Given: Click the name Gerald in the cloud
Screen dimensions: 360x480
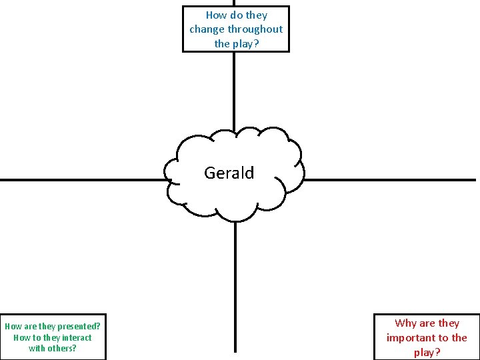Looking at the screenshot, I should [229, 173].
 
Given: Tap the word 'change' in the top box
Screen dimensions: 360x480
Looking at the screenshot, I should [207, 29].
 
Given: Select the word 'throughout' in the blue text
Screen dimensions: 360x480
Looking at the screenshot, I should [255, 29].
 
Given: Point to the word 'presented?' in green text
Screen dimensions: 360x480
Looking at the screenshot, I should [79, 327].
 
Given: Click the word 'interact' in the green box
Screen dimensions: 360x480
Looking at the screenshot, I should [77, 337].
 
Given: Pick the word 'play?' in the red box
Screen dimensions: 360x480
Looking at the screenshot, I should [427, 353].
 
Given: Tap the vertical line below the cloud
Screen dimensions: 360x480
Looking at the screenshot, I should [235, 287].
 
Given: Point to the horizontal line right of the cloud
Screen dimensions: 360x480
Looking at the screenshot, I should [390, 180].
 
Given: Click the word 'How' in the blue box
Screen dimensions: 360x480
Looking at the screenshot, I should [217, 15].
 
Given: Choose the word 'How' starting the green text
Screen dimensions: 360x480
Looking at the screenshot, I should [13, 327].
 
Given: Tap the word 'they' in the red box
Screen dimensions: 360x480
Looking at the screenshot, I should [448, 323].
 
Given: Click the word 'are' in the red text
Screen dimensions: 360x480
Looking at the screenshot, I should [427, 323].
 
